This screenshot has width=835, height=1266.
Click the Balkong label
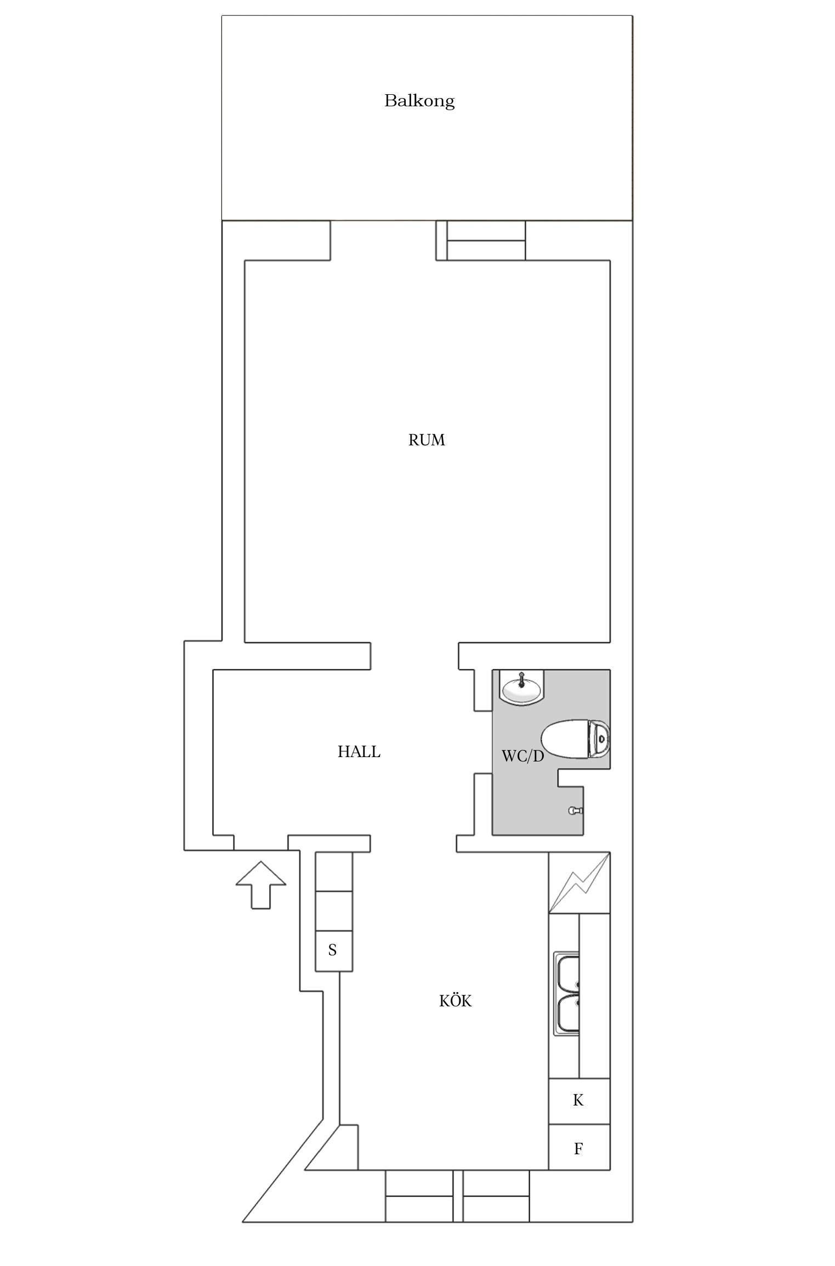tap(419, 101)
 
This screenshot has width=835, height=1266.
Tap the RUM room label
tap(427, 440)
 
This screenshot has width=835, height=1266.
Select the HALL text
tap(359, 752)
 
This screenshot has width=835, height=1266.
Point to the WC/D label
tap(522, 757)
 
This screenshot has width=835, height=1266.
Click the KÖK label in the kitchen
tap(455, 1001)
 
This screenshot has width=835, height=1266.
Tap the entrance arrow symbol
tap(261, 884)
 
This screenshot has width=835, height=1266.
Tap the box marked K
tap(578, 1099)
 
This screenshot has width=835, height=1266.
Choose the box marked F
tap(578, 1149)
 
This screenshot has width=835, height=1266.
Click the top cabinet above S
tap(333, 871)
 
